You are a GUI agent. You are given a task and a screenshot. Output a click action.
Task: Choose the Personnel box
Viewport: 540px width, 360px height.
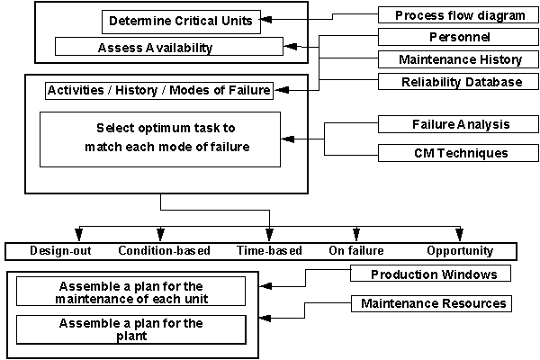coord(460,38)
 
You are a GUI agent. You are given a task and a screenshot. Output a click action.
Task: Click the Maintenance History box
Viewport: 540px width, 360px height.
coord(460,60)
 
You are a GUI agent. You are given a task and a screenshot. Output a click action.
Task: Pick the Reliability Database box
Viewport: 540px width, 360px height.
coord(460,83)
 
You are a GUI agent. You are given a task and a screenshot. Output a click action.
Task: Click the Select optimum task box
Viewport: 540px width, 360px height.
coord(160,139)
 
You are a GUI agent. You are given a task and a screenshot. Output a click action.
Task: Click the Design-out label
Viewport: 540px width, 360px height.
coord(57,251)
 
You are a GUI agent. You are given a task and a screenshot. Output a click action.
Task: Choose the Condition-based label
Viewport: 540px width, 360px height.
coord(158,251)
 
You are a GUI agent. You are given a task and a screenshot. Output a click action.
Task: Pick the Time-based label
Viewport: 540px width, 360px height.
coord(269,251)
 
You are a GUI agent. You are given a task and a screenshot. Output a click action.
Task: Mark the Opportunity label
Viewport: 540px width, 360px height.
coord(460,251)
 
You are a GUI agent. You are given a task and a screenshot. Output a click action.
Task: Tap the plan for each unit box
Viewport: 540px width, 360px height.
coord(131,291)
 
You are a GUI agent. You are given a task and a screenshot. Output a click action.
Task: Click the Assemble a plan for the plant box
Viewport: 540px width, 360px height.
coord(131,328)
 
